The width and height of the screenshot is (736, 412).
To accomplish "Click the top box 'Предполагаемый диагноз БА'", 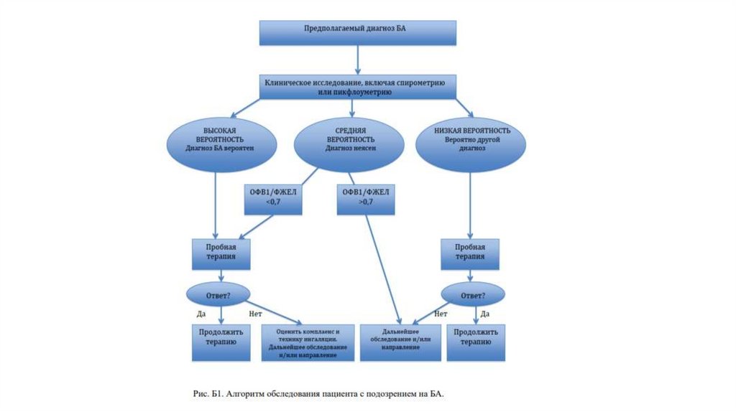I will click(x=357, y=32).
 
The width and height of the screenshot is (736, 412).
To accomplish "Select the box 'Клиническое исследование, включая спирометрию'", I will click(x=357, y=88).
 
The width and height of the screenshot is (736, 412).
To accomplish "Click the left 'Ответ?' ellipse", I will click(x=218, y=294).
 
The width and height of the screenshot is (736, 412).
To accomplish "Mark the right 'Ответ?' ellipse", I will click(x=472, y=294).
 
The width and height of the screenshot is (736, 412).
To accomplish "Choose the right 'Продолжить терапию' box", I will click(x=475, y=342).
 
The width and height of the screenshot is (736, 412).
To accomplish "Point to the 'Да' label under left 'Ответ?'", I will click(x=201, y=314).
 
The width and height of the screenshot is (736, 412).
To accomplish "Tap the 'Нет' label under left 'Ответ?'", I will click(x=254, y=314).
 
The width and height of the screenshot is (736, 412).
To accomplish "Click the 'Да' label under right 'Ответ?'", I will click(x=485, y=314).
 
